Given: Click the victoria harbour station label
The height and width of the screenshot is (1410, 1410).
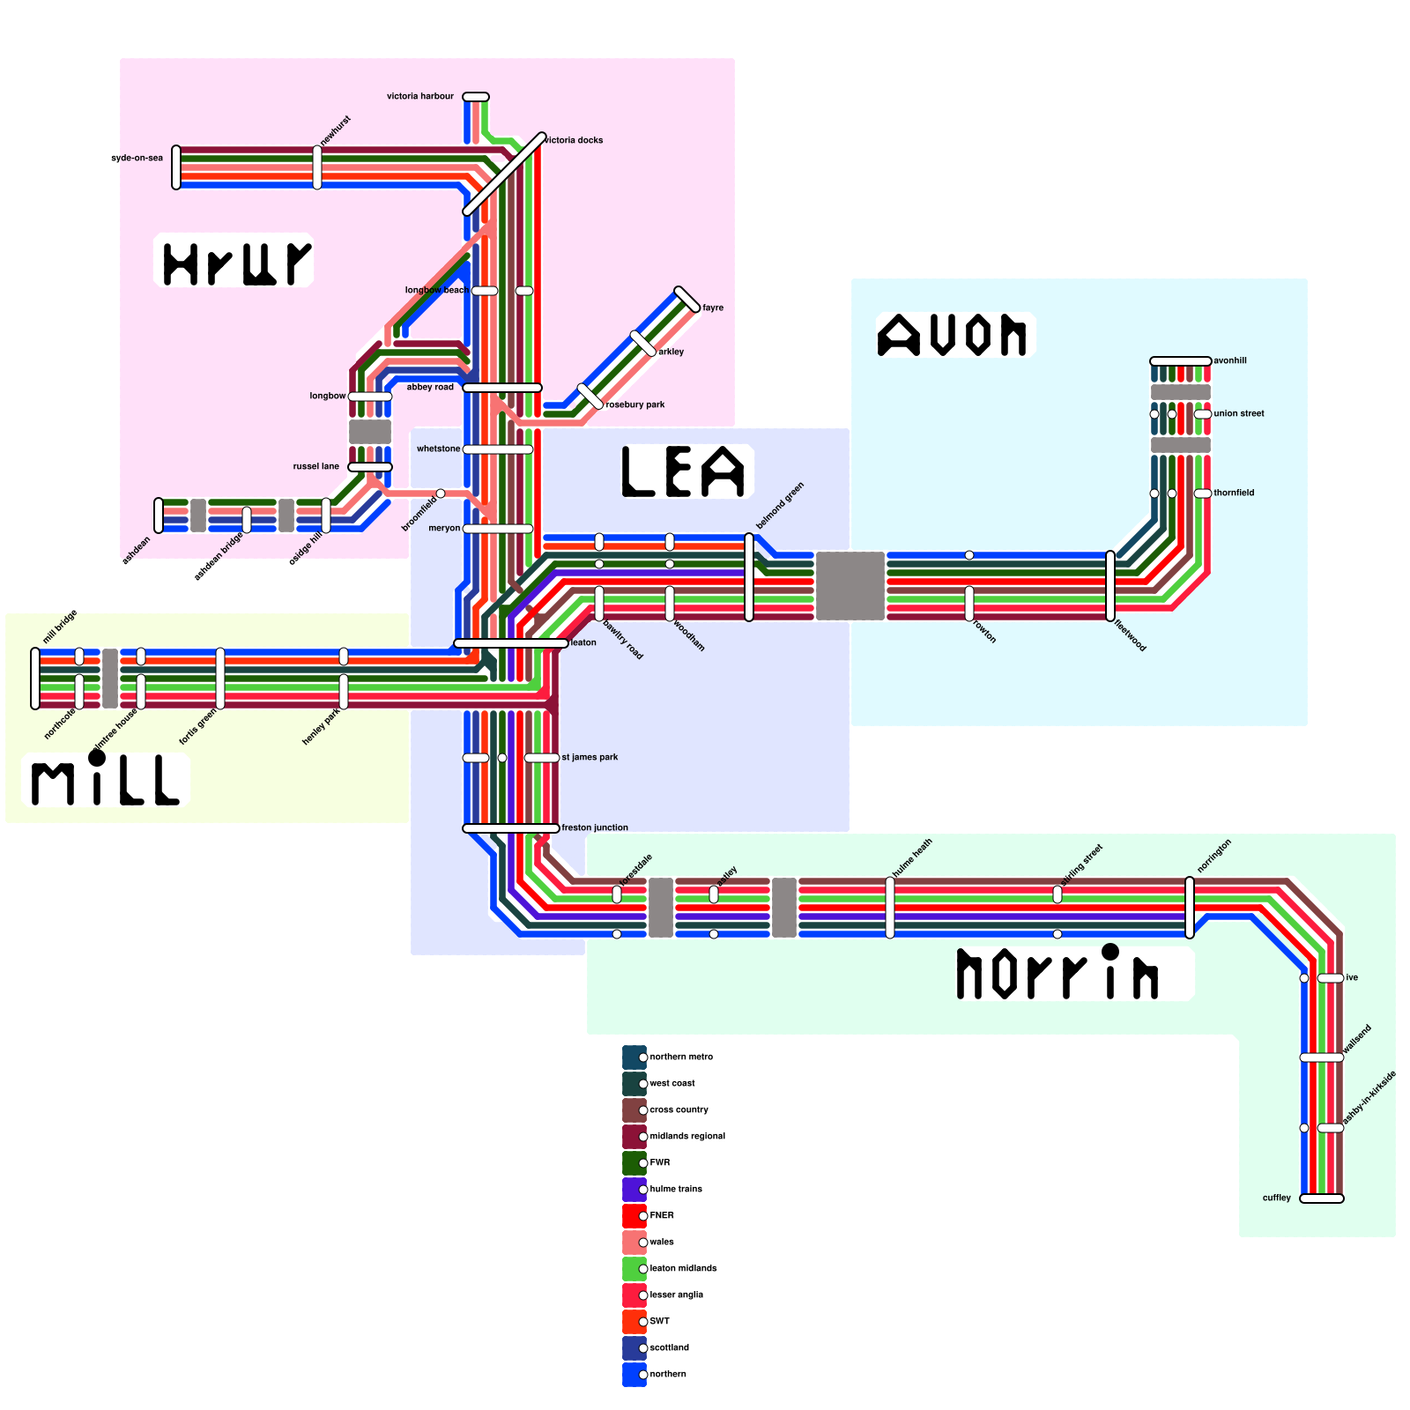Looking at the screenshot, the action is pos(420,96).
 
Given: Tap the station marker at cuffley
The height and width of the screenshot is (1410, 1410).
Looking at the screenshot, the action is pos(1322,1198).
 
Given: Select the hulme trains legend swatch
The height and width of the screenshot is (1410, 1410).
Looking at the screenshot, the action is pos(634,1190).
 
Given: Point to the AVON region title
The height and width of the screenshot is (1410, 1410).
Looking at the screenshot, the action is pos(953,336).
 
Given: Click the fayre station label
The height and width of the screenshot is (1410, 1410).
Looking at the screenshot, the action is pos(713,308).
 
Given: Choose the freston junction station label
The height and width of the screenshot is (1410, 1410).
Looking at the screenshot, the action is pos(595,827).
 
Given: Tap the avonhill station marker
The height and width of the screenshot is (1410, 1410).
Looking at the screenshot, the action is pos(1181,361).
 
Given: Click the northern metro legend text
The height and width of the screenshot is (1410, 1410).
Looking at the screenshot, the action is pos(681,1057).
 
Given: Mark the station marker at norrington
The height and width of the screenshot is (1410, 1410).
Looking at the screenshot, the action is pos(1190,908).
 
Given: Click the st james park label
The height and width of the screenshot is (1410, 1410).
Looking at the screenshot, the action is pos(590,757).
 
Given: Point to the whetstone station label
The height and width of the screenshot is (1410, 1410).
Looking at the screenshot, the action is pos(438,449).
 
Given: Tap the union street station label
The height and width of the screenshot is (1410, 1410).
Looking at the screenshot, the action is pos(1239,413).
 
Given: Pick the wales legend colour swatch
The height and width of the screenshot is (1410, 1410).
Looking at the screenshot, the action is pos(634,1243).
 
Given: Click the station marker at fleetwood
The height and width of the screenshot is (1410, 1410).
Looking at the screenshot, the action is pos(1110,586).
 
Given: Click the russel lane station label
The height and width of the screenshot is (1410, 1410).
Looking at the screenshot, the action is pos(315,466).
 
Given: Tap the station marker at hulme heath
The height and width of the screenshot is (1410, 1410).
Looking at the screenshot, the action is pos(890,908).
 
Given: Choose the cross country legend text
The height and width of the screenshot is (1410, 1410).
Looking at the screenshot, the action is pos(679,1109).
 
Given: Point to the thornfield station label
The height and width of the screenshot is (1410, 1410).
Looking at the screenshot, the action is pos(1234,493).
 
